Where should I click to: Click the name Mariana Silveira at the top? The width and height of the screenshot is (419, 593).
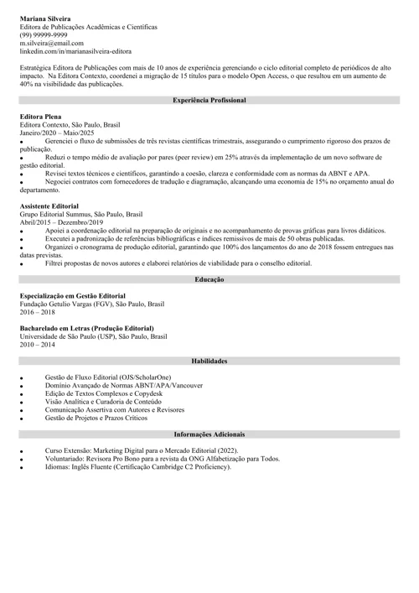pyautogui.click(x=45, y=18)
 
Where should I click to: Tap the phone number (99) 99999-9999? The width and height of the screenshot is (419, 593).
pyautogui.click(x=44, y=35)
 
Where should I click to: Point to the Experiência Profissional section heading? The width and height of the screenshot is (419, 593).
pyautogui.click(x=209, y=100)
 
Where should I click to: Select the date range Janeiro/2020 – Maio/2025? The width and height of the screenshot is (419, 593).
pyautogui.click(x=57, y=133)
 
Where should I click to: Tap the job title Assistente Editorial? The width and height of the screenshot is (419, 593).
pyautogui.click(x=49, y=205)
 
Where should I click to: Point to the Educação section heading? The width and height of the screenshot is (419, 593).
pyautogui.click(x=209, y=278)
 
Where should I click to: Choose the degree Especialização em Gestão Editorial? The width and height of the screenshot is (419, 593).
pyautogui.click(x=73, y=295)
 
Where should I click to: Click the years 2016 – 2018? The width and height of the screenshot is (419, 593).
pyautogui.click(x=38, y=312)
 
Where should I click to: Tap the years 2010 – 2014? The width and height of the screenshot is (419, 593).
pyautogui.click(x=38, y=345)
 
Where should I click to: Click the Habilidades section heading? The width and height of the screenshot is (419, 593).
pyautogui.click(x=209, y=361)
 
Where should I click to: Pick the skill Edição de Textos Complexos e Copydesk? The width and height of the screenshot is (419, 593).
pyautogui.click(x=115, y=393)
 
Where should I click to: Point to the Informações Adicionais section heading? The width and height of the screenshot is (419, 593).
pyautogui.click(x=209, y=434)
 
